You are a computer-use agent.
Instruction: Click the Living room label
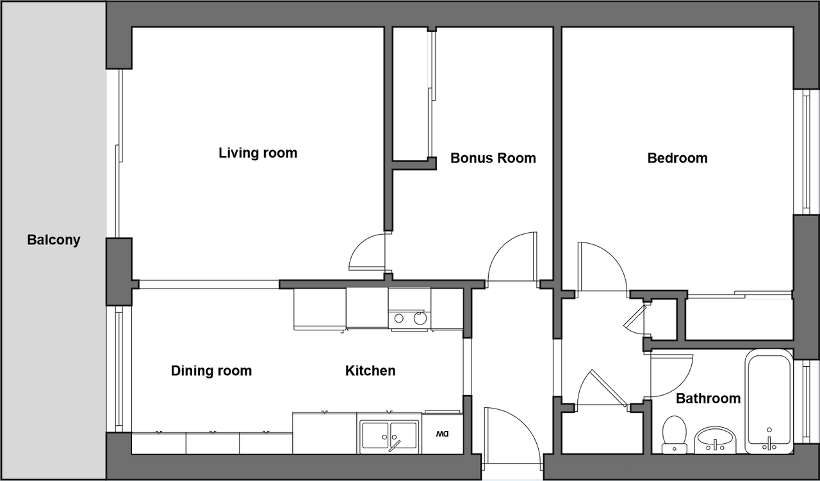[x=258, y=153]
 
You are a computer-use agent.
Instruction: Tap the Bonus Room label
[x=493, y=158]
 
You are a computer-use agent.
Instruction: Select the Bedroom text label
[x=677, y=158]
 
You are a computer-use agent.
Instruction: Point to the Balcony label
[x=53, y=240]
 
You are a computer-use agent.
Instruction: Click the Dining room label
[x=211, y=371]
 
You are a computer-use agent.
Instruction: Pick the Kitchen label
[x=370, y=371]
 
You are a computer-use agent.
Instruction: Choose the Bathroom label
[x=708, y=398]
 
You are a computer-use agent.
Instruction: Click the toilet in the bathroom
[x=674, y=435]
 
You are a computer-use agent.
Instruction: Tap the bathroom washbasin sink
[x=716, y=440]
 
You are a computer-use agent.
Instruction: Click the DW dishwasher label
[x=442, y=434]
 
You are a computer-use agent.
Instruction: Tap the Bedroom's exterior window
[x=806, y=152]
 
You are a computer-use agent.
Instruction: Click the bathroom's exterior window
[x=806, y=402]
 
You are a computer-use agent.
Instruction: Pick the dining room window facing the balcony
[x=119, y=369]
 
